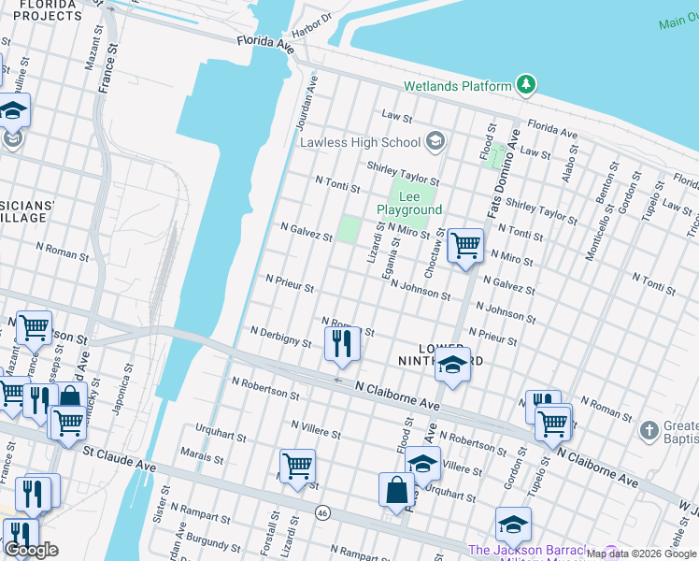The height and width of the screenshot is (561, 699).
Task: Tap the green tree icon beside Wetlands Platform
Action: [x=527, y=86]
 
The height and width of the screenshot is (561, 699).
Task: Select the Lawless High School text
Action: [x=360, y=142]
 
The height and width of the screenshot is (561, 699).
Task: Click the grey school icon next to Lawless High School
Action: [x=434, y=142]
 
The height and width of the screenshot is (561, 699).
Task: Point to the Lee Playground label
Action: [x=408, y=204]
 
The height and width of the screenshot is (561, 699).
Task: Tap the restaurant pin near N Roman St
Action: [x=343, y=343]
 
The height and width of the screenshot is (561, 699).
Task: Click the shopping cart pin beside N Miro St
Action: [x=464, y=246]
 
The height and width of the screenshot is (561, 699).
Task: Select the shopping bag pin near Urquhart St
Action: [x=396, y=489]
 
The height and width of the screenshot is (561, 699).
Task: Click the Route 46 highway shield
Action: [x=323, y=512]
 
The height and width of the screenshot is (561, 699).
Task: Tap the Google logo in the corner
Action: [x=32, y=550]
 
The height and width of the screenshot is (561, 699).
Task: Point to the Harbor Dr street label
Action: [x=312, y=26]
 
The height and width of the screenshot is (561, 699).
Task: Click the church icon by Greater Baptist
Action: [x=649, y=431]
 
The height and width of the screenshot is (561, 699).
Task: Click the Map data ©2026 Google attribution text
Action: [x=642, y=554]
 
